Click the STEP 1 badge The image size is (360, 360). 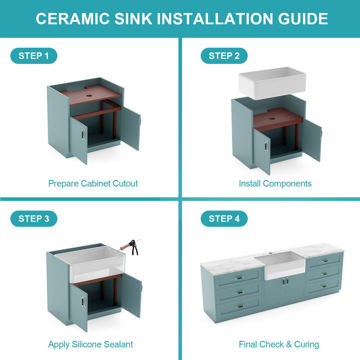tap(33, 56)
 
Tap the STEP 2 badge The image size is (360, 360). tap(224, 56)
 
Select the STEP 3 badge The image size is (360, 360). tap(33, 219)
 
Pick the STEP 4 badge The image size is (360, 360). tap(224, 219)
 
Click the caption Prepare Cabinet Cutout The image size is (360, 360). tap(93, 183)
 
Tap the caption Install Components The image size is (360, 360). tap(275, 183)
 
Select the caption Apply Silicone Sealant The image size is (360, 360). tap(91, 344)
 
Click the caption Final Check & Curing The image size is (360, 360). tap(279, 344)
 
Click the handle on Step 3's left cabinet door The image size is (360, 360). tap(82, 301)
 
